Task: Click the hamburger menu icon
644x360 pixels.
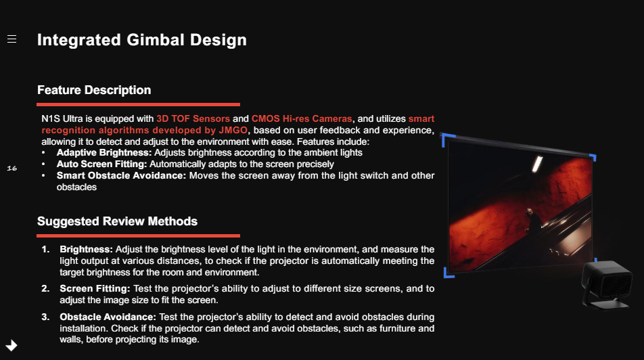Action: click(x=12, y=39)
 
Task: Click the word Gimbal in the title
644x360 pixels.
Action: click(x=156, y=40)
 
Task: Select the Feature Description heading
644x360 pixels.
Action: click(x=94, y=90)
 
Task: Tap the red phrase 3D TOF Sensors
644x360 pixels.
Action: click(x=193, y=119)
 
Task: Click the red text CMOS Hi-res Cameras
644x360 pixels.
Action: click(x=302, y=119)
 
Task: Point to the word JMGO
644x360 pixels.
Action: click(x=233, y=131)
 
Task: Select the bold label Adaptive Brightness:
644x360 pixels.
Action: click(x=104, y=153)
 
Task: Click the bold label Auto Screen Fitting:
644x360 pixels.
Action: click(x=102, y=164)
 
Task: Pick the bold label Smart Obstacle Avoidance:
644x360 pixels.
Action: click(x=121, y=175)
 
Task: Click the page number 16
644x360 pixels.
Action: click(x=12, y=168)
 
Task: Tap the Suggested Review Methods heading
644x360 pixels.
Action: click(x=118, y=221)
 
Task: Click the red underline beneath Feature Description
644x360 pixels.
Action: click(x=139, y=104)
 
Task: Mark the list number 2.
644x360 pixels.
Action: click(x=45, y=288)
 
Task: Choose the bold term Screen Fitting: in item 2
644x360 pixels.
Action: click(x=95, y=288)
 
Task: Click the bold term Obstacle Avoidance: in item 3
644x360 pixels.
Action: click(x=108, y=317)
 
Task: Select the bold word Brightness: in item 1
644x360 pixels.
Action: click(x=86, y=250)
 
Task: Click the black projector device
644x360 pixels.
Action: click(x=607, y=284)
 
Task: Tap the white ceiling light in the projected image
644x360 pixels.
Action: click(x=537, y=164)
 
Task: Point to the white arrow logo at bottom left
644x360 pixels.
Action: click(x=11, y=346)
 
